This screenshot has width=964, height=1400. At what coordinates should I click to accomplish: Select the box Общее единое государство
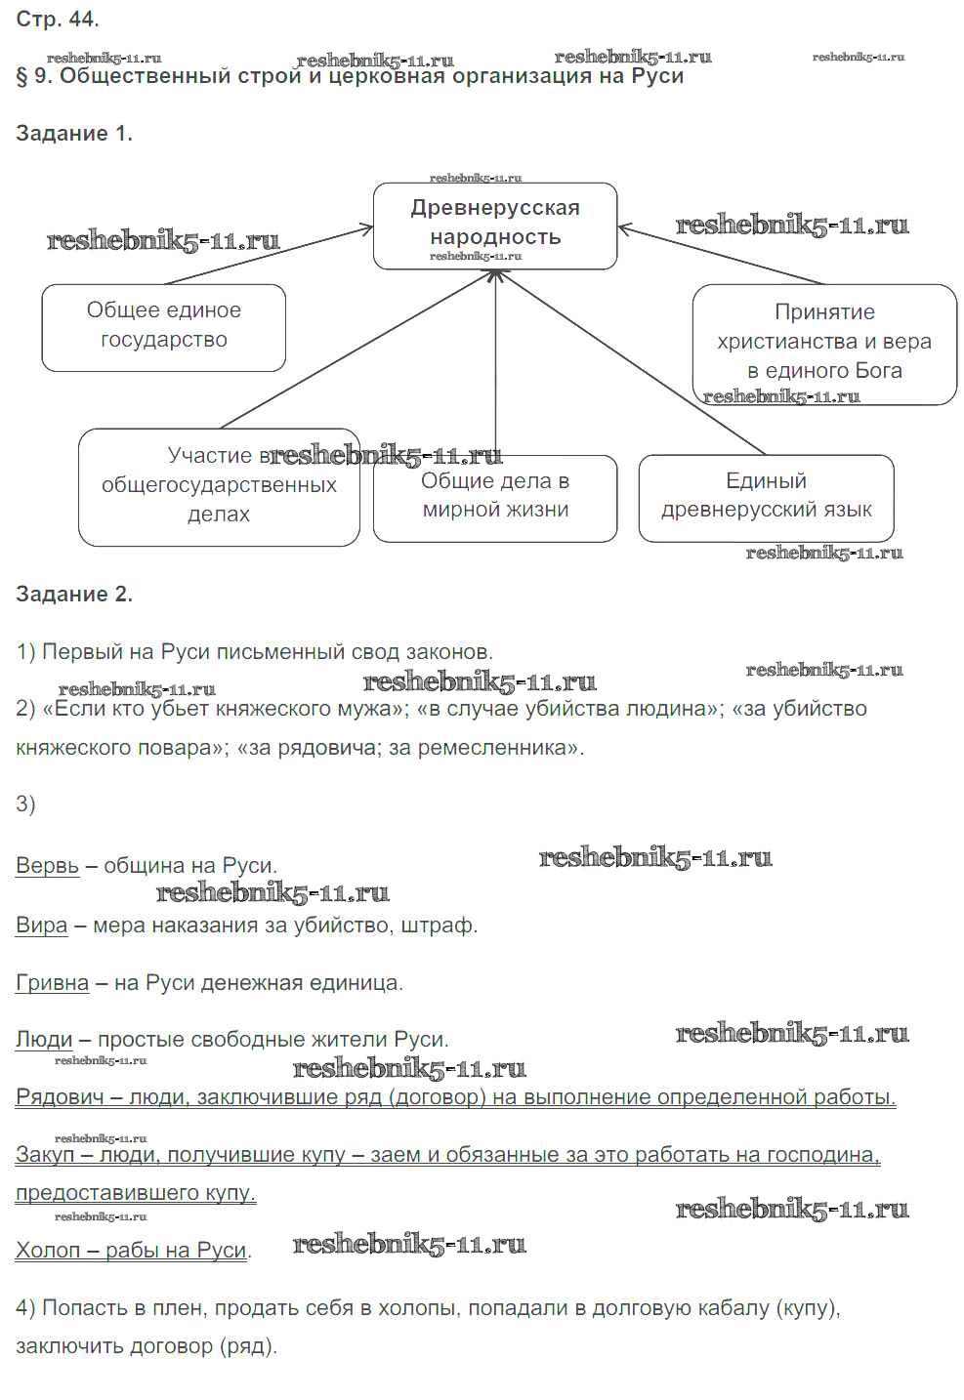[x=163, y=326]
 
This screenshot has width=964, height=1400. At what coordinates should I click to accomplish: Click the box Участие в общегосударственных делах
[x=219, y=486]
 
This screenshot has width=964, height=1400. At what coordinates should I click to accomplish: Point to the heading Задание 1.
[x=74, y=134]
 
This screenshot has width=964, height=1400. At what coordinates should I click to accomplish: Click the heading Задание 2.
[x=74, y=595]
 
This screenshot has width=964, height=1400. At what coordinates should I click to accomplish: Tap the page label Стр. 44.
[x=57, y=19]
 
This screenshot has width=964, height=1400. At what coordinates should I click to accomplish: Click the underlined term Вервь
[x=47, y=866]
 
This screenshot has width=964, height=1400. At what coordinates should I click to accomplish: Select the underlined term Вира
[x=41, y=925]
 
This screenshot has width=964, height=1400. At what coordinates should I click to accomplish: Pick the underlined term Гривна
[x=52, y=982]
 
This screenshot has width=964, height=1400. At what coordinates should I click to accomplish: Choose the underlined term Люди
[x=44, y=1040]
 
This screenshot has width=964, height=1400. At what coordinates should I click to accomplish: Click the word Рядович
[x=60, y=1097]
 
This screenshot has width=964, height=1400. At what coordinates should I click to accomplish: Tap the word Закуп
[x=45, y=1155]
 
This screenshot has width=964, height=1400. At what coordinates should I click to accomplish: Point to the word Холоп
[x=47, y=1250]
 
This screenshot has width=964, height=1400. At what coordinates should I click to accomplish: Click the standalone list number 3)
[x=25, y=803]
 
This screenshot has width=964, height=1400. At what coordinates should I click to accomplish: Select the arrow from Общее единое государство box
[x=269, y=255]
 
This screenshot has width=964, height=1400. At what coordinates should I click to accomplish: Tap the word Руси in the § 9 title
[x=656, y=76]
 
